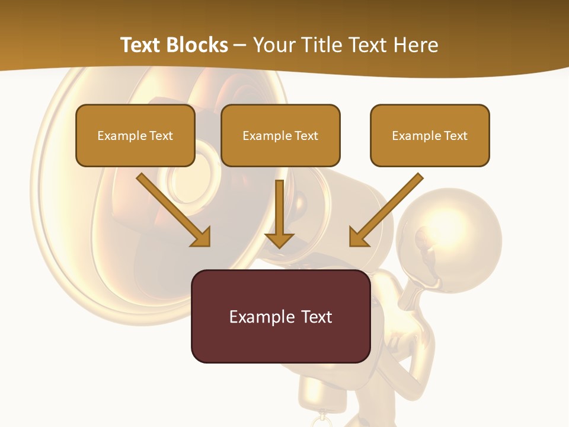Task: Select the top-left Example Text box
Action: click(135, 135)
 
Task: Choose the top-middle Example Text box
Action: click(280, 135)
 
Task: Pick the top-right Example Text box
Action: click(430, 135)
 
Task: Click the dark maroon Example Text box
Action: click(280, 316)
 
